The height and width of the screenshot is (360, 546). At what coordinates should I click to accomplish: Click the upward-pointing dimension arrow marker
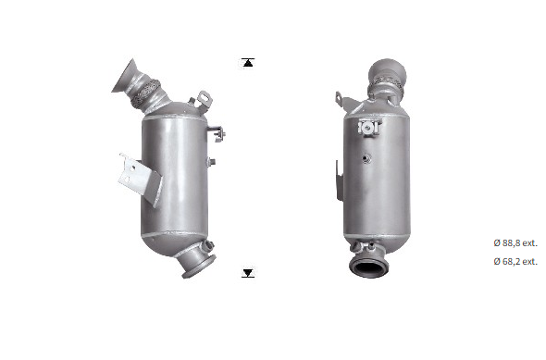pyautogui.click(x=248, y=62)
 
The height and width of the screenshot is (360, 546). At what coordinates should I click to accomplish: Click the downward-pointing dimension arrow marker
pyautogui.click(x=248, y=273)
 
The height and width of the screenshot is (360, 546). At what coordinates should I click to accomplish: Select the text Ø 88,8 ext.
pyautogui.click(x=515, y=243)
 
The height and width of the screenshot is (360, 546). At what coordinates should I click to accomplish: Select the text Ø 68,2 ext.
pyautogui.click(x=515, y=261)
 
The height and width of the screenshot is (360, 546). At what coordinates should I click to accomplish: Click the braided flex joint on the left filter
pyautogui.click(x=145, y=92)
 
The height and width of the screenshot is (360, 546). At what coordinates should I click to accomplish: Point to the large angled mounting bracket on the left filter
pyautogui.click(x=140, y=178)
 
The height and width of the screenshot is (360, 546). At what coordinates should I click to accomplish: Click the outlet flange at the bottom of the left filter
pyautogui.click(x=198, y=266)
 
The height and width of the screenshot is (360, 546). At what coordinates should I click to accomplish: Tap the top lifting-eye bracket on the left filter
pyautogui.click(x=205, y=99)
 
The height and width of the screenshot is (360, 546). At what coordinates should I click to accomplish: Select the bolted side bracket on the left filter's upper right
pyautogui.click(x=218, y=133)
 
